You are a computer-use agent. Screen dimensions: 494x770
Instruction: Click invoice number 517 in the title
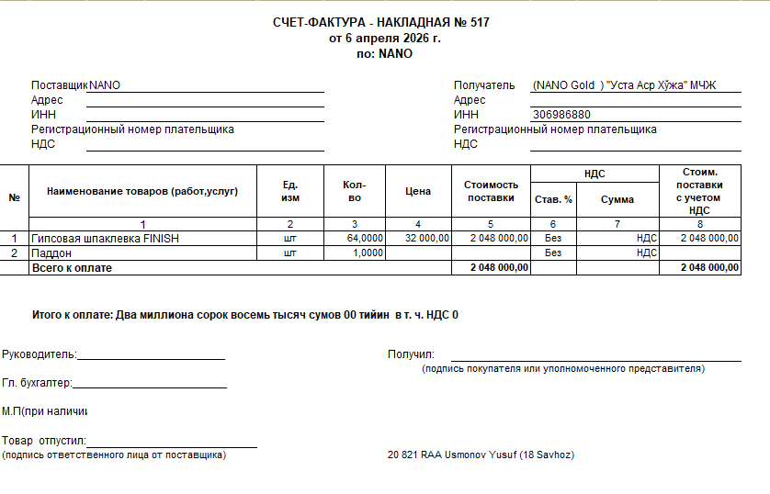(480, 23)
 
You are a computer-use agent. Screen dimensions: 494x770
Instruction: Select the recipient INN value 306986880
(561, 115)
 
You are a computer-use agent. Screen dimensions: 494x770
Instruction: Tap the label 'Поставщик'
(59, 85)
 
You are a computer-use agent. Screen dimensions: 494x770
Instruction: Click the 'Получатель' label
(484, 85)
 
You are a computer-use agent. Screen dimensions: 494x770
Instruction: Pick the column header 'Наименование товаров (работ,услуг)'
(142, 191)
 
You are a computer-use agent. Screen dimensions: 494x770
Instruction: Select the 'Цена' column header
(417, 191)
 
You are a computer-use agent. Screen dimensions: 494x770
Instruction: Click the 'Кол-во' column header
(355, 191)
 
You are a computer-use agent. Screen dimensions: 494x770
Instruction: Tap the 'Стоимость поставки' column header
(491, 191)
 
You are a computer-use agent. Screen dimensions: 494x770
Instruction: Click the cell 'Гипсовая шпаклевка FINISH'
(106, 238)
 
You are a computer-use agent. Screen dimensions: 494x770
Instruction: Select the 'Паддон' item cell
(51, 253)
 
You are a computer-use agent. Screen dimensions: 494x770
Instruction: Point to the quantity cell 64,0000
(365, 238)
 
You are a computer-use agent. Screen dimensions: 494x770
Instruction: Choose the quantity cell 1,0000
(368, 253)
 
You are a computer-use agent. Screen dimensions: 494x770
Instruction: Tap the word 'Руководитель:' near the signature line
(40, 354)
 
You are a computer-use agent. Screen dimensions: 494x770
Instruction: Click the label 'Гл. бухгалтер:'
(37, 383)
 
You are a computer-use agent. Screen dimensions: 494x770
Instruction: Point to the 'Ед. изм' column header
(289, 191)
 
